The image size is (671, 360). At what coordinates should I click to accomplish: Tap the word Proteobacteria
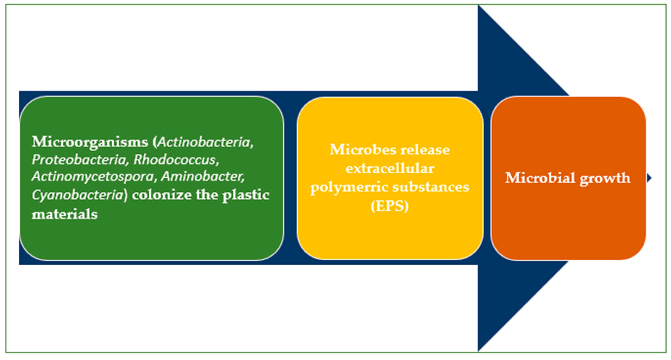point(79,159)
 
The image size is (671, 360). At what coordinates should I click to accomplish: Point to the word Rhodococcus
point(175,159)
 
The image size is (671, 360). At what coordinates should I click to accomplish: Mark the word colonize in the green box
point(161,195)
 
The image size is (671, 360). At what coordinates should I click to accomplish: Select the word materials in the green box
point(65,214)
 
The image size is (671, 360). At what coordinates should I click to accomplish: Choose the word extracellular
point(390,168)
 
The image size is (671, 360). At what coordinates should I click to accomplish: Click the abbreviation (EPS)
point(390,206)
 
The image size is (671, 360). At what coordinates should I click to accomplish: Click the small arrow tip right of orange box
point(649,178)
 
